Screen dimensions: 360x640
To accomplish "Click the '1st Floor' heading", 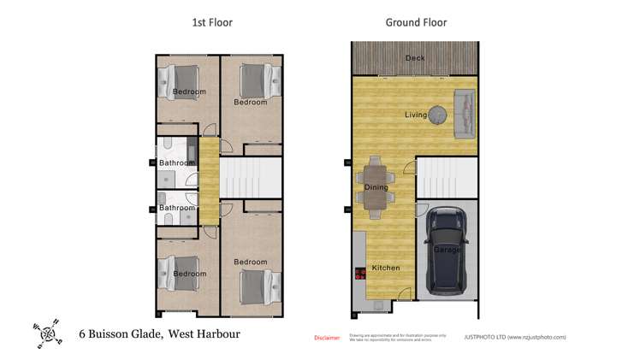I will [211, 22].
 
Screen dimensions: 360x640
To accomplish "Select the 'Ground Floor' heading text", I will [416, 22].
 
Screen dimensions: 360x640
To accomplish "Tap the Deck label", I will [415, 58].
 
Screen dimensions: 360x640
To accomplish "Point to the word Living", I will [416, 114].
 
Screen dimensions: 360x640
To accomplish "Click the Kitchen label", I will [385, 268].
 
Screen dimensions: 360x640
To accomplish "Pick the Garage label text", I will [447, 250].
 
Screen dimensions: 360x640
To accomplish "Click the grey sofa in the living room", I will [464, 113].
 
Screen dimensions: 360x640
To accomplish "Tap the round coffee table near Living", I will [438, 113].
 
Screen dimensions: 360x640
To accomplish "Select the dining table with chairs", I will [376, 185].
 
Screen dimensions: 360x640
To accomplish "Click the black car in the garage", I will [447, 251].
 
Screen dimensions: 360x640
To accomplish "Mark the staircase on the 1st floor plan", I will [251, 180].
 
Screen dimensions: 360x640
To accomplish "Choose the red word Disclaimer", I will [327, 338].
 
